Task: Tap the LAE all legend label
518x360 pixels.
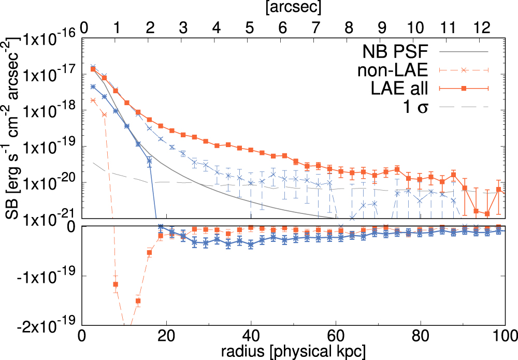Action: click(x=398, y=89)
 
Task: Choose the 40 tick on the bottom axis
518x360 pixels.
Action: click(x=251, y=336)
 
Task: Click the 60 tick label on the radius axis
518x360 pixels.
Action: click(x=336, y=336)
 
